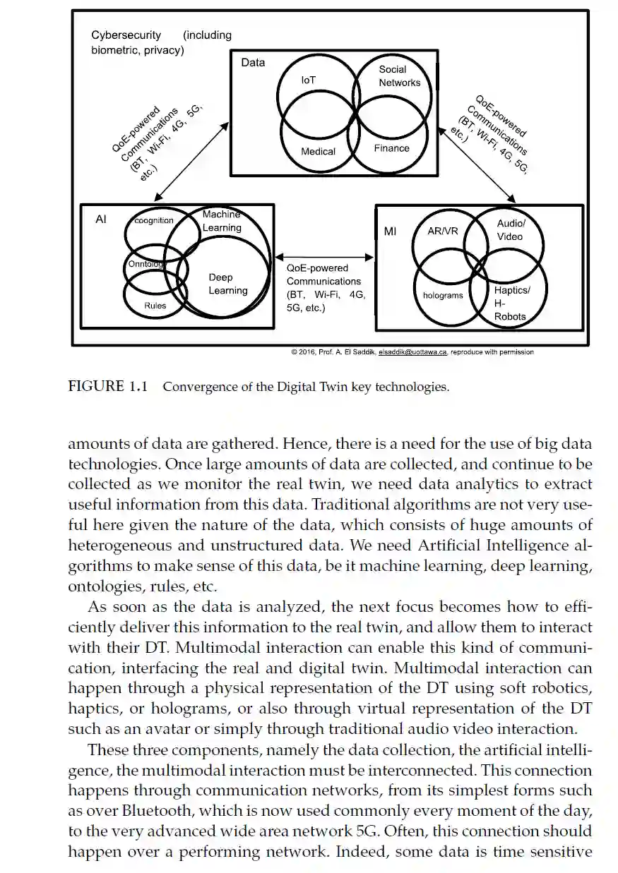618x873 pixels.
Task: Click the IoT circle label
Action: coord(308,80)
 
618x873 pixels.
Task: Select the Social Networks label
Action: coord(398,76)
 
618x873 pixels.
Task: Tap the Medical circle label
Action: coord(318,151)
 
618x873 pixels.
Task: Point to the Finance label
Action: coord(392,148)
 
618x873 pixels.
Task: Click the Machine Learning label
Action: coord(222,221)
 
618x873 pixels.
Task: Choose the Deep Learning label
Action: coord(227,284)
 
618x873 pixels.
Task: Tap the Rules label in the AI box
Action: coord(155,306)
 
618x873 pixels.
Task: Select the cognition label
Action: coord(154,220)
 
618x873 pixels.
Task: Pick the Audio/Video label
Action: coord(509,230)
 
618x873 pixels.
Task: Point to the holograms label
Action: coord(443,295)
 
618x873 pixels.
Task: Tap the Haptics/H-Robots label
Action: coord(511,303)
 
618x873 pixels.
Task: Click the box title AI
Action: coord(101,219)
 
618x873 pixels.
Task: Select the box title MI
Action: coord(390,231)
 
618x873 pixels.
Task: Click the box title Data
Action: coord(253,62)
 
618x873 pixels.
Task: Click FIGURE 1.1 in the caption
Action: coord(107,386)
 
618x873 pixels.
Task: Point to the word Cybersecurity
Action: coord(126,35)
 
